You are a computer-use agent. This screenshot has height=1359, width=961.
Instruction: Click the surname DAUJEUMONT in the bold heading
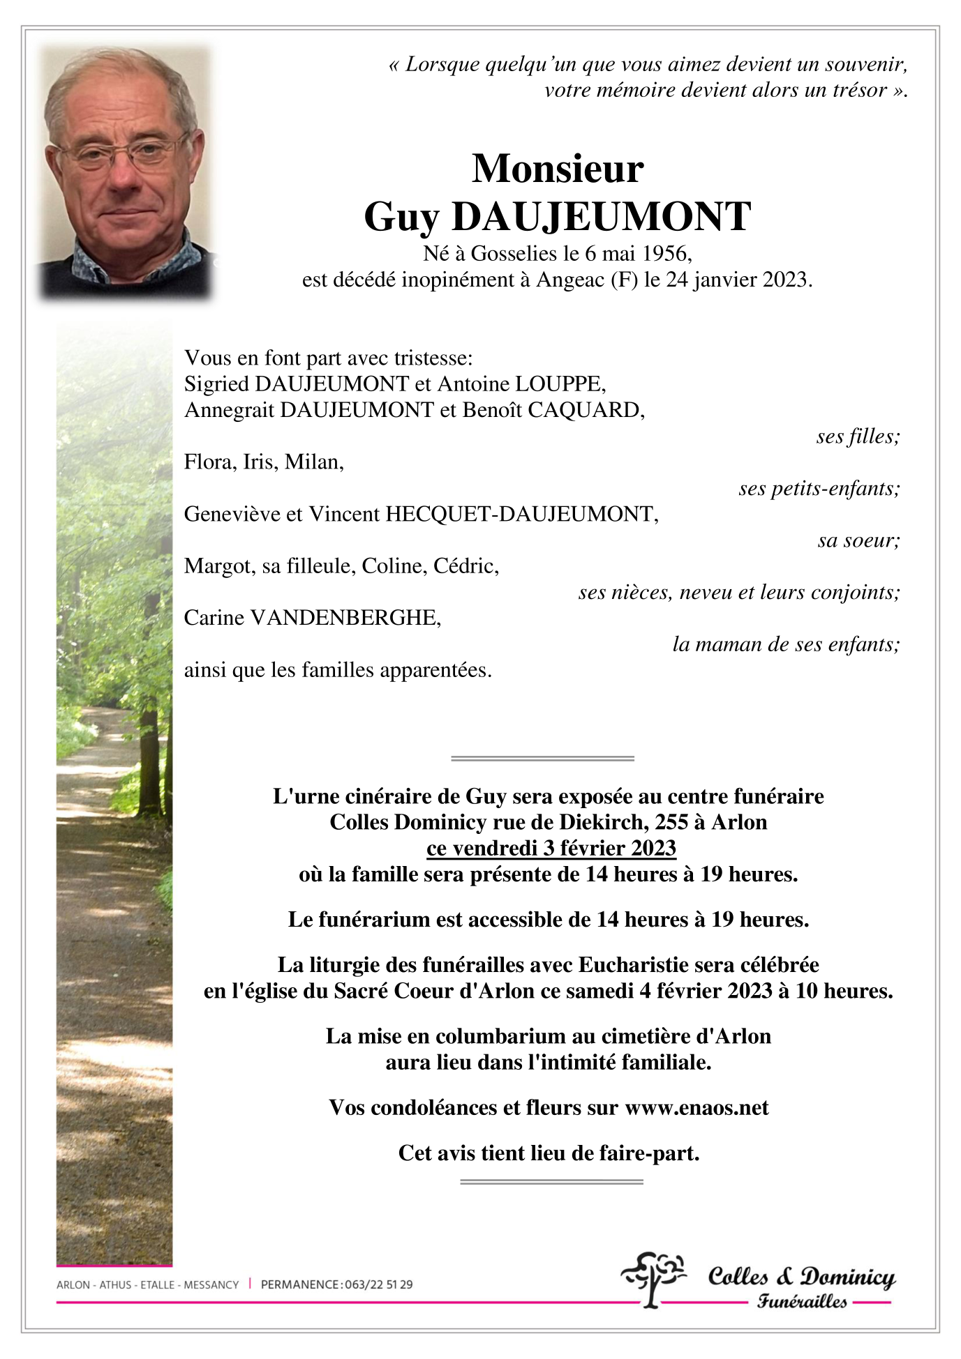(601, 217)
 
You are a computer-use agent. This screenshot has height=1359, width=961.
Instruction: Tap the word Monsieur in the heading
(558, 169)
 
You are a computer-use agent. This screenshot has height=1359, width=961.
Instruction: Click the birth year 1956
(666, 253)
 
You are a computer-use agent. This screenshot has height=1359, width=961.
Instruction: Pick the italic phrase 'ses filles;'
(858, 436)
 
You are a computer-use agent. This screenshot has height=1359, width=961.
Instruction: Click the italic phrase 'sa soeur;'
(858, 540)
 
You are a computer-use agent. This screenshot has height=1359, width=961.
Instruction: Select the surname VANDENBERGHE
(345, 618)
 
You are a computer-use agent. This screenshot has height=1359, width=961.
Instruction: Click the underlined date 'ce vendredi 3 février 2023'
(551, 848)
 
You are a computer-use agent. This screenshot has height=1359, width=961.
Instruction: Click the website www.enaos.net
(696, 1108)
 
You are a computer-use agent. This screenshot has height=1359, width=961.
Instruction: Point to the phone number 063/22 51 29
(378, 1284)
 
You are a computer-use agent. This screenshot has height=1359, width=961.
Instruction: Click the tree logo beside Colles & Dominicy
(653, 1278)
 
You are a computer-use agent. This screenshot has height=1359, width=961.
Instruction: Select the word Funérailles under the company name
(802, 1302)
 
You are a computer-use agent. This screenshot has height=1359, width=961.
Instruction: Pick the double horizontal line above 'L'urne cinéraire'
(542, 758)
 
